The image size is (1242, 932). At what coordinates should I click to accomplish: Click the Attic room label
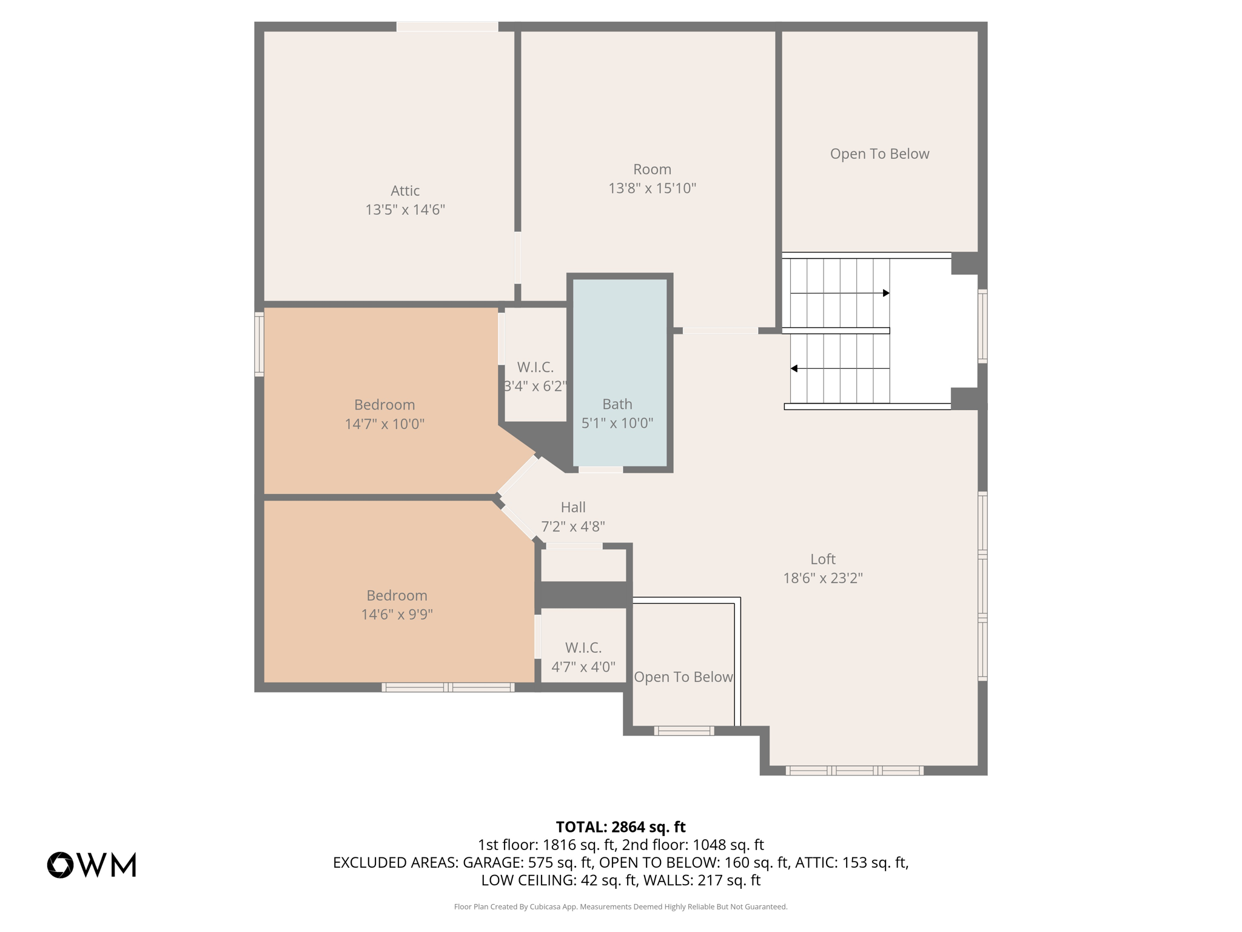click(405, 191)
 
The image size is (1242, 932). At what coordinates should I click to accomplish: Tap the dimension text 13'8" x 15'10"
click(652, 188)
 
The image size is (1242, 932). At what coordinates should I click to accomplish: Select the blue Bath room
click(620, 373)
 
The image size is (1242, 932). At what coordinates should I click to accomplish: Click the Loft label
click(823, 559)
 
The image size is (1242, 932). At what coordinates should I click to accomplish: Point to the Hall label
click(573, 507)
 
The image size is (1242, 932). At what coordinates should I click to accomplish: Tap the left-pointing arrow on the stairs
click(840, 368)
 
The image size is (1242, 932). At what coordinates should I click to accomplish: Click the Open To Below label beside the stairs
click(879, 154)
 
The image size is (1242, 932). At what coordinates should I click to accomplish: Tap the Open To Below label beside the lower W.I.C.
click(683, 677)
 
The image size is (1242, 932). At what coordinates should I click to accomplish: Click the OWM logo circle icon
click(60, 865)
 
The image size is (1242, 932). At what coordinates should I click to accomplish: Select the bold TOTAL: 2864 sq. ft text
click(620, 827)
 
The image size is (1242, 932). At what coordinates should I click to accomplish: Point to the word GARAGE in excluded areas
click(492, 862)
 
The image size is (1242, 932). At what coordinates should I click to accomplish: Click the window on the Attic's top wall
click(448, 27)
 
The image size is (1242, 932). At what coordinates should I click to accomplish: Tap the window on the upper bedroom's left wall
click(259, 344)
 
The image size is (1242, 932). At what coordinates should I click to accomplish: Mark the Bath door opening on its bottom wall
click(600, 469)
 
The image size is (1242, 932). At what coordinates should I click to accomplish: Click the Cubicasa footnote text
click(620, 907)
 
